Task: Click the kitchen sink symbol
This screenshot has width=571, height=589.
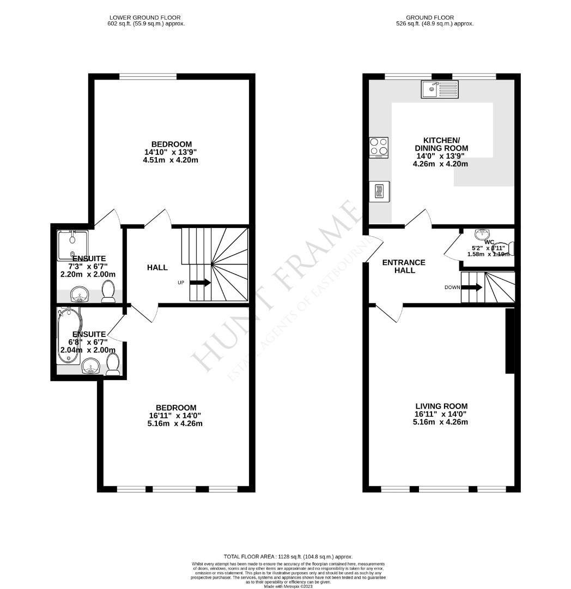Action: (x=440, y=89)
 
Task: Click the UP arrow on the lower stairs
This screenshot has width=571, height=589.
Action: (x=200, y=283)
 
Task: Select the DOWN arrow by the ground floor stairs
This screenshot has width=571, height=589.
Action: (x=471, y=287)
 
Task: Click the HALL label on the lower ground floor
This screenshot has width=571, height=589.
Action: (x=157, y=267)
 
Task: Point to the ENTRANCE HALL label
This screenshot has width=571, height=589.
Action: (x=404, y=266)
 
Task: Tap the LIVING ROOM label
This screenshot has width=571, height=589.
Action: (x=441, y=406)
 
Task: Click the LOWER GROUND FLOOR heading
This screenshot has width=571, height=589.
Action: (x=145, y=17)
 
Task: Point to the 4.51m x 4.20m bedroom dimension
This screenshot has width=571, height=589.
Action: (x=171, y=160)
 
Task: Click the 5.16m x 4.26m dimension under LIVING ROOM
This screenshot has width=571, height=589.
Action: (x=441, y=422)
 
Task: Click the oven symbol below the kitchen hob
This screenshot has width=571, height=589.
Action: (x=379, y=191)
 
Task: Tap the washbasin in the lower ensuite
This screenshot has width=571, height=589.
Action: (x=91, y=368)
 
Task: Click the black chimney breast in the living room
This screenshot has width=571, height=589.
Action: (x=510, y=341)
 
